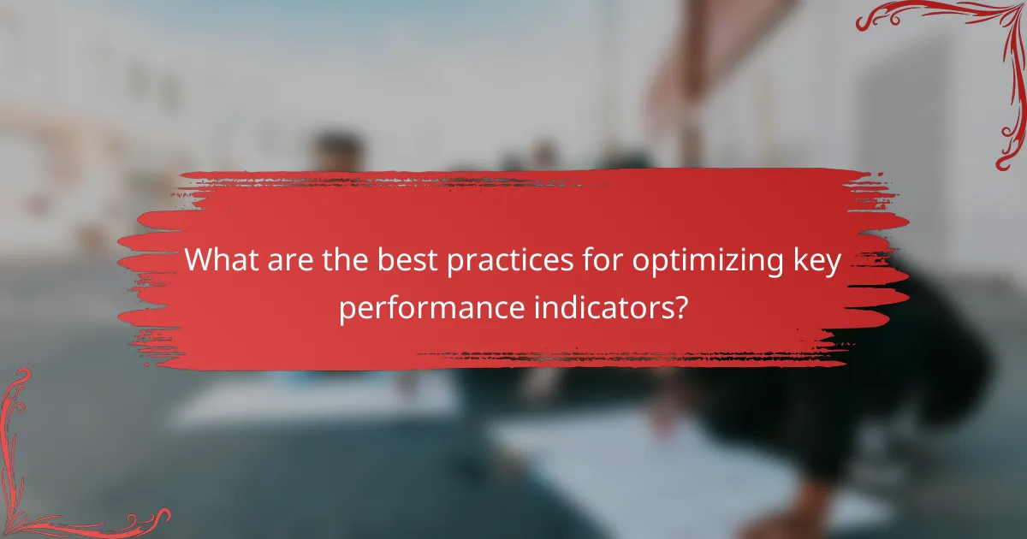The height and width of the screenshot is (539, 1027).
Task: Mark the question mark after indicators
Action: coord(680,307)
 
